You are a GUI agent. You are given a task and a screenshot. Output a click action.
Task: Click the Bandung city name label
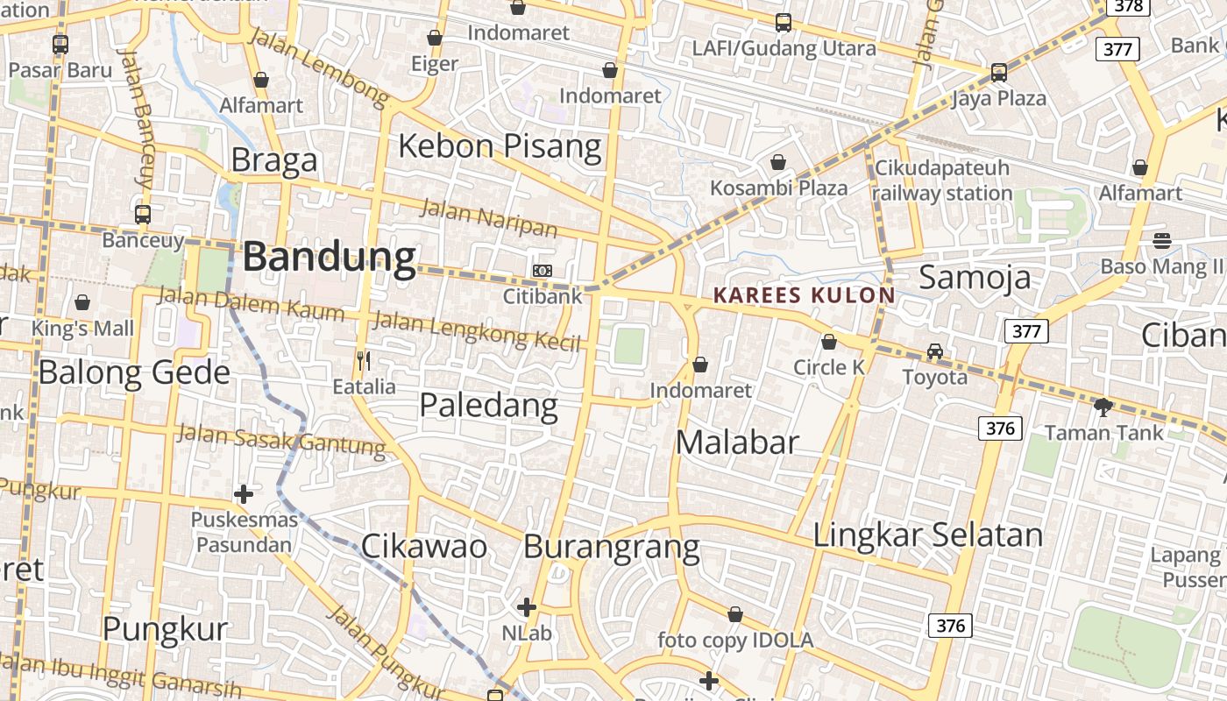click(329, 257)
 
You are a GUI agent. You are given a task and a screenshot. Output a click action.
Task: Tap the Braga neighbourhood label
click(274, 161)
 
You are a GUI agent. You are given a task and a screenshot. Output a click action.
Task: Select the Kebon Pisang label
click(500, 145)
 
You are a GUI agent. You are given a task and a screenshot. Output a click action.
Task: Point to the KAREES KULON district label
click(805, 295)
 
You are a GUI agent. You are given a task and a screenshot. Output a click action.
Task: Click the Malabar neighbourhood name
click(737, 443)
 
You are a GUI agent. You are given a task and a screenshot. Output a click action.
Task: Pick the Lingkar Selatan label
click(928, 535)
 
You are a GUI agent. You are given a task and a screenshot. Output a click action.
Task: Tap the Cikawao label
click(423, 546)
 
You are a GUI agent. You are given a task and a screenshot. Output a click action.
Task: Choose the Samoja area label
click(975, 277)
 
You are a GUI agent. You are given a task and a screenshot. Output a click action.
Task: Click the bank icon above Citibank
click(543, 271)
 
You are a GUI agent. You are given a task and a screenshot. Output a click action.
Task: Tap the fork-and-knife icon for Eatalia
click(364, 360)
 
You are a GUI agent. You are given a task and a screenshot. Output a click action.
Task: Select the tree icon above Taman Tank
click(1103, 407)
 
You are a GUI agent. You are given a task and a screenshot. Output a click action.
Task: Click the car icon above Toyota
click(935, 351)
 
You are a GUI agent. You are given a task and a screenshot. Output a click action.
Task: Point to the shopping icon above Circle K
click(828, 342)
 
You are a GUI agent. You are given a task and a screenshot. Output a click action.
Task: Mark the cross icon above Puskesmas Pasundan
click(244, 494)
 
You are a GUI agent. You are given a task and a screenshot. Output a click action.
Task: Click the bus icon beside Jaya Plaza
click(998, 73)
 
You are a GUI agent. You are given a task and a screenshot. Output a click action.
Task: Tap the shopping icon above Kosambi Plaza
click(777, 162)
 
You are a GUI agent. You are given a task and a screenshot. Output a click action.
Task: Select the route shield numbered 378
click(1129, 6)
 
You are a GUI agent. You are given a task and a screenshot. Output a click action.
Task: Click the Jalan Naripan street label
click(489, 218)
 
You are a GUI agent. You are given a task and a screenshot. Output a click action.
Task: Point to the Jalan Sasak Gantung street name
click(281, 441)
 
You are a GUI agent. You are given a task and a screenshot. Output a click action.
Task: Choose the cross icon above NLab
click(526, 606)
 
